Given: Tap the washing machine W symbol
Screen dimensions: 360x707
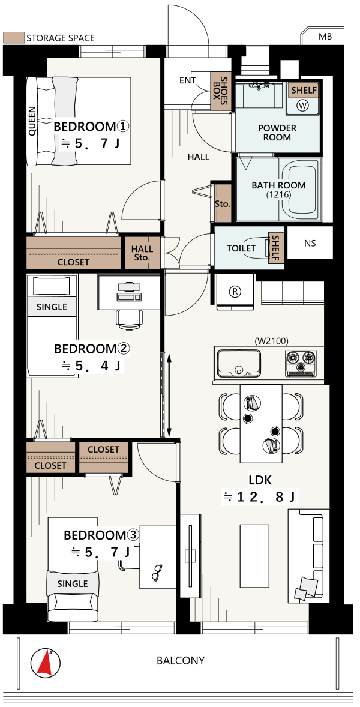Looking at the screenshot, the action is pos(303,105).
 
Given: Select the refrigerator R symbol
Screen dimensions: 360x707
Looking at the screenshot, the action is pos(234,291).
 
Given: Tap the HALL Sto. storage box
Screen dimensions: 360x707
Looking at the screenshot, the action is pos(142,253).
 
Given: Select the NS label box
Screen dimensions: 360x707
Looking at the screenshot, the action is pos(310,243).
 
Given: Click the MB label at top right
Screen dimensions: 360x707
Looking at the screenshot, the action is pos(325,37).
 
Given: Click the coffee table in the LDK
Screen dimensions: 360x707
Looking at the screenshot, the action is pos(255,556).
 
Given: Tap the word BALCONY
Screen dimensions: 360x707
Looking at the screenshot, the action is pos(181,661).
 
